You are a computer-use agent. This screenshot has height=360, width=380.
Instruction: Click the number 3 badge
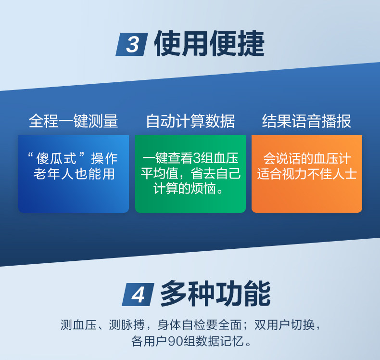tap(132, 44)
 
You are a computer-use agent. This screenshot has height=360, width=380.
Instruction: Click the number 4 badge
tap(138, 295)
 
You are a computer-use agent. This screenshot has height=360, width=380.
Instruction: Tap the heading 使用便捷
tap(209, 44)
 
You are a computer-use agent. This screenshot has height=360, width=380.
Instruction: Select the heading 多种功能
tap(215, 294)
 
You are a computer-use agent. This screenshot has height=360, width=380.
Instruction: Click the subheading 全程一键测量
tap(74, 121)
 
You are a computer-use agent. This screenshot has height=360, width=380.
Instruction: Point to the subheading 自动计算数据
tap(190, 121)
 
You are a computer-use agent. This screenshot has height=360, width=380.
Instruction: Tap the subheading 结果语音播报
tap(306, 121)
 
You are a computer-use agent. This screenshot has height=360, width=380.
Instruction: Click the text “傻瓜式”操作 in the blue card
tap(73, 158)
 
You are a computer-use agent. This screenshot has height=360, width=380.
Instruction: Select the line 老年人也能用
tap(74, 174)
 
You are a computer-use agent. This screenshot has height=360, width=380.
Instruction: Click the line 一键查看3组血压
tap(190, 158)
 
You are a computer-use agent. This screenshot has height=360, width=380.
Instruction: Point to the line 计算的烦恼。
tap(188, 189)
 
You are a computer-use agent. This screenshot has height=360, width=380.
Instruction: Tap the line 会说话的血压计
tap(307, 158)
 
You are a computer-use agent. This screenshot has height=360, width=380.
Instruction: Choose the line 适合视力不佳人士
tap(307, 174)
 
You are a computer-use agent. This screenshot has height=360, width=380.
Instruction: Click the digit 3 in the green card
tap(198, 158)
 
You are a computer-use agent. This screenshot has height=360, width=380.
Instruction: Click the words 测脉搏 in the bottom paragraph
tap(127, 325)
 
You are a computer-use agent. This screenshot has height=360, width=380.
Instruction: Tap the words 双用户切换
tap(284, 325)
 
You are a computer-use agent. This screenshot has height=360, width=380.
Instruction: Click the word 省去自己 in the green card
tap(215, 174)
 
